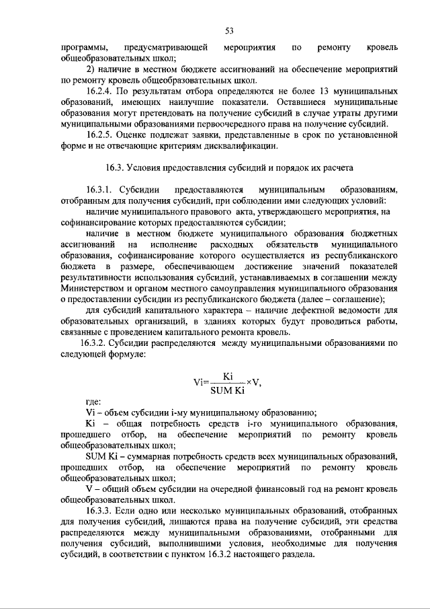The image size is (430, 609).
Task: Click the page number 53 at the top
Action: tap(228, 31)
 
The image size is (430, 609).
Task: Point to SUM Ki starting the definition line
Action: tap(102, 456)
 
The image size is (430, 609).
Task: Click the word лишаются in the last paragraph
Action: tap(182, 522)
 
